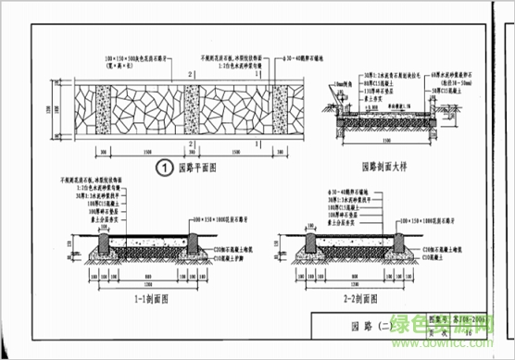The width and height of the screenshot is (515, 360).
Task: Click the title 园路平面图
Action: coord(196,168)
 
